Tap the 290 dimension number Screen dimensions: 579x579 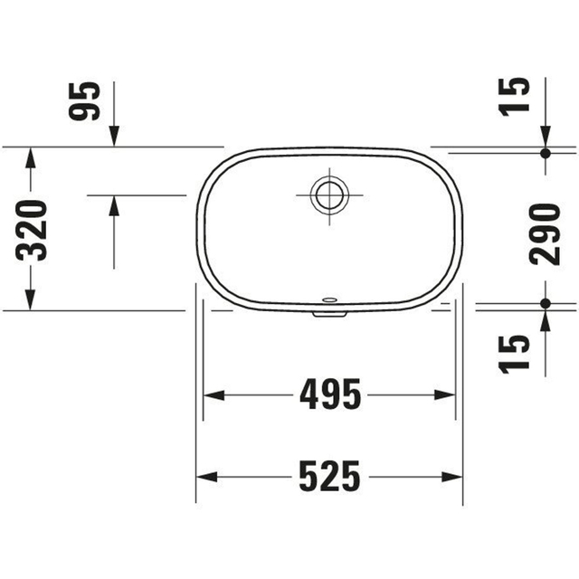(546, 233)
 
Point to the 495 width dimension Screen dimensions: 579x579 (329, 394)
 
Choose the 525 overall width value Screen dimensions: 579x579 (329, 475)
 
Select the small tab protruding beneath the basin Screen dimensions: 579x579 (328, 314)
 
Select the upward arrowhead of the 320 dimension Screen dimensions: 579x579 (30, 157)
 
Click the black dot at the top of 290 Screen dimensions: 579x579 (546, 153)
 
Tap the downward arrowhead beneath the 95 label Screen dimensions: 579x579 (114, 134)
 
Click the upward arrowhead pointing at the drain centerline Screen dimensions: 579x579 (114, 206)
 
